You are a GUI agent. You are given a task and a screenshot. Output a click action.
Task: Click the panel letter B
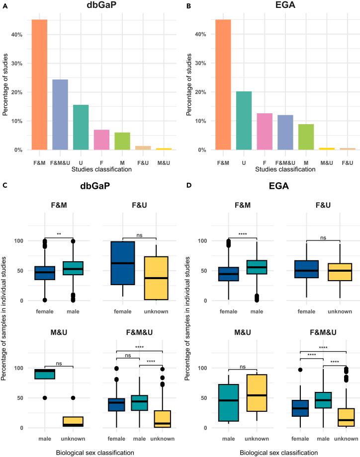point(187,5)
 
